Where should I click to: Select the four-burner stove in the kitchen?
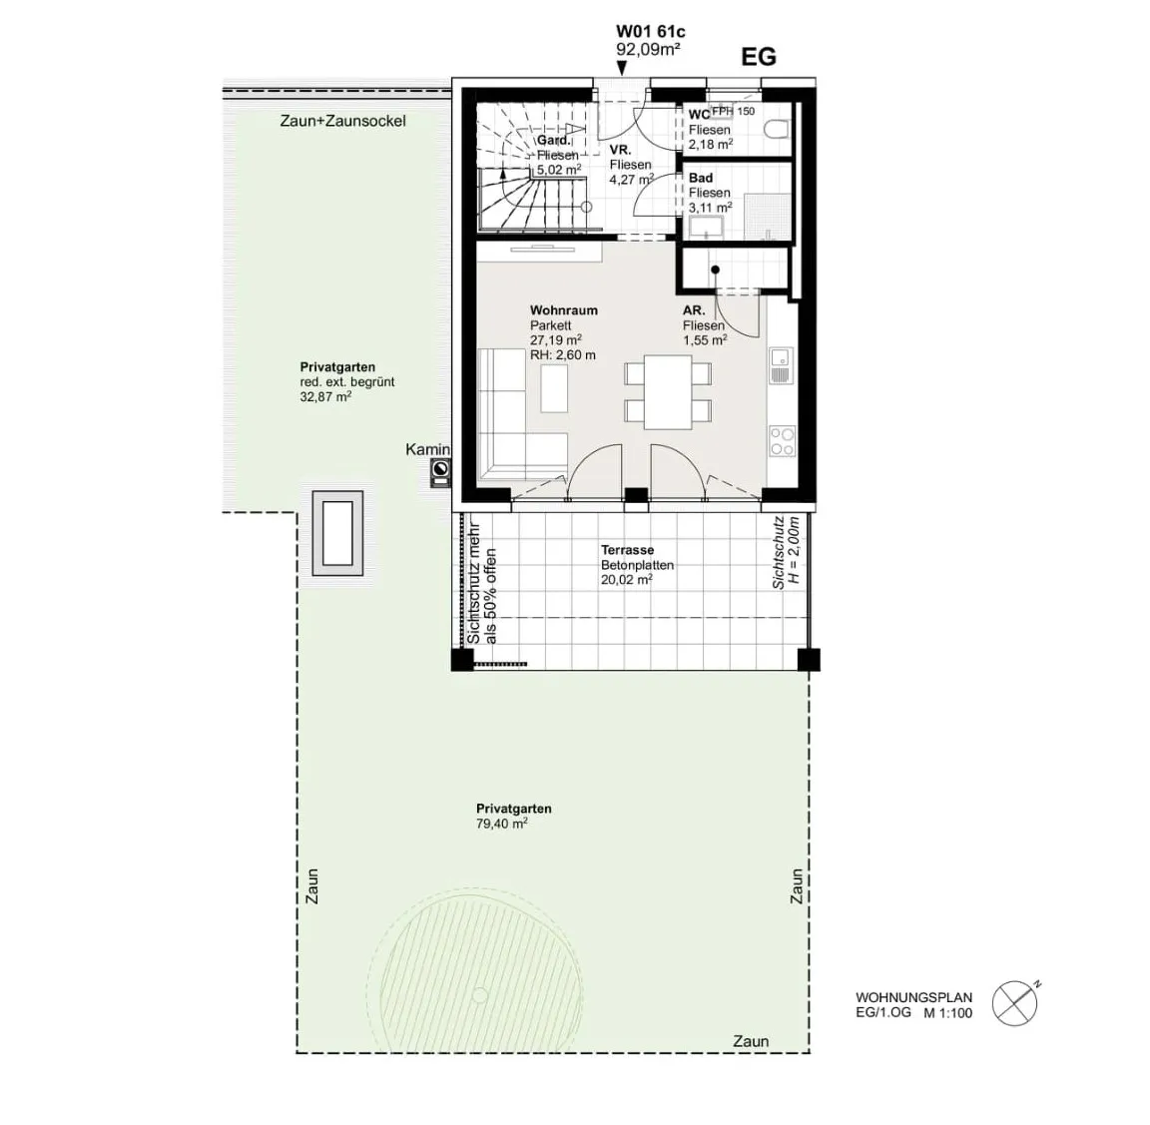(x=782, y=441)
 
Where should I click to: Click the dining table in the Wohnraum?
(x=668, y=392)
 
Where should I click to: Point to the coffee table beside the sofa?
(x=554, y=389)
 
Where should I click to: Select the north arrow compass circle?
(x=1015, y=1003)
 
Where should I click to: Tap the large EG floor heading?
(x=759, y=57)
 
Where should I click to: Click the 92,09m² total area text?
(x=648, y=50)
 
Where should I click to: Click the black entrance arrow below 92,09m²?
(x=622, y=69)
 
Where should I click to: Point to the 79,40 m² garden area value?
(x=502, y=824)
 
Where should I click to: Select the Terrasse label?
(x=627, y=550)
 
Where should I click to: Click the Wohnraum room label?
(x=564, y=310)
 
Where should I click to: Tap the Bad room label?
(x=701, y=179)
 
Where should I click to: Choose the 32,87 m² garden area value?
(x=325, y=396)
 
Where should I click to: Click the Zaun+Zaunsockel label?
(x=342, y=121)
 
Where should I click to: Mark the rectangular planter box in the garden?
(x=337, y=533)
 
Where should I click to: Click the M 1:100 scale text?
(x=948, y=1013)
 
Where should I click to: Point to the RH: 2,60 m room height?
(x=563, y=355)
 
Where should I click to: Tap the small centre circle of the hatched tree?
(x=479, y=995)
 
